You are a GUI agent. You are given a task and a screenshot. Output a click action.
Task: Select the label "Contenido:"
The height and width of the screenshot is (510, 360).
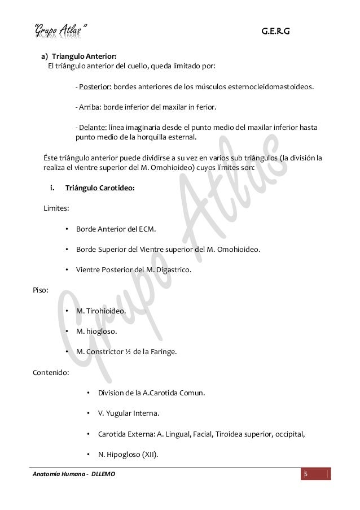pos(50,372)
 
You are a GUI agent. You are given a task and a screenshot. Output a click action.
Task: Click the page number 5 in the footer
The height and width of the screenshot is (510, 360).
pos(305,473)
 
